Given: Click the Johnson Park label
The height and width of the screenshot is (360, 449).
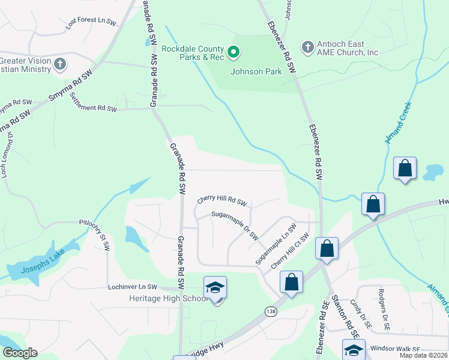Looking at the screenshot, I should pos(256,71).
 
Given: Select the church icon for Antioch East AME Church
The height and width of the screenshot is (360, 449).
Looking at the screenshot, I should pos(307,47).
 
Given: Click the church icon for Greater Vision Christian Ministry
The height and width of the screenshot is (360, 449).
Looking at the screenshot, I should pos(60,64).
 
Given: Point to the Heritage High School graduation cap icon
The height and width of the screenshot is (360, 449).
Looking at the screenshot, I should pos(214,287).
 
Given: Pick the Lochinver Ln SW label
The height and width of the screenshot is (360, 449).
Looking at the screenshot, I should pos(132,287).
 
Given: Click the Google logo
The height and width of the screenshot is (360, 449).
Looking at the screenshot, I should pos(20,352).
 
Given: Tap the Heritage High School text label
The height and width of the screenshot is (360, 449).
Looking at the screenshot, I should pos(160,298).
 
